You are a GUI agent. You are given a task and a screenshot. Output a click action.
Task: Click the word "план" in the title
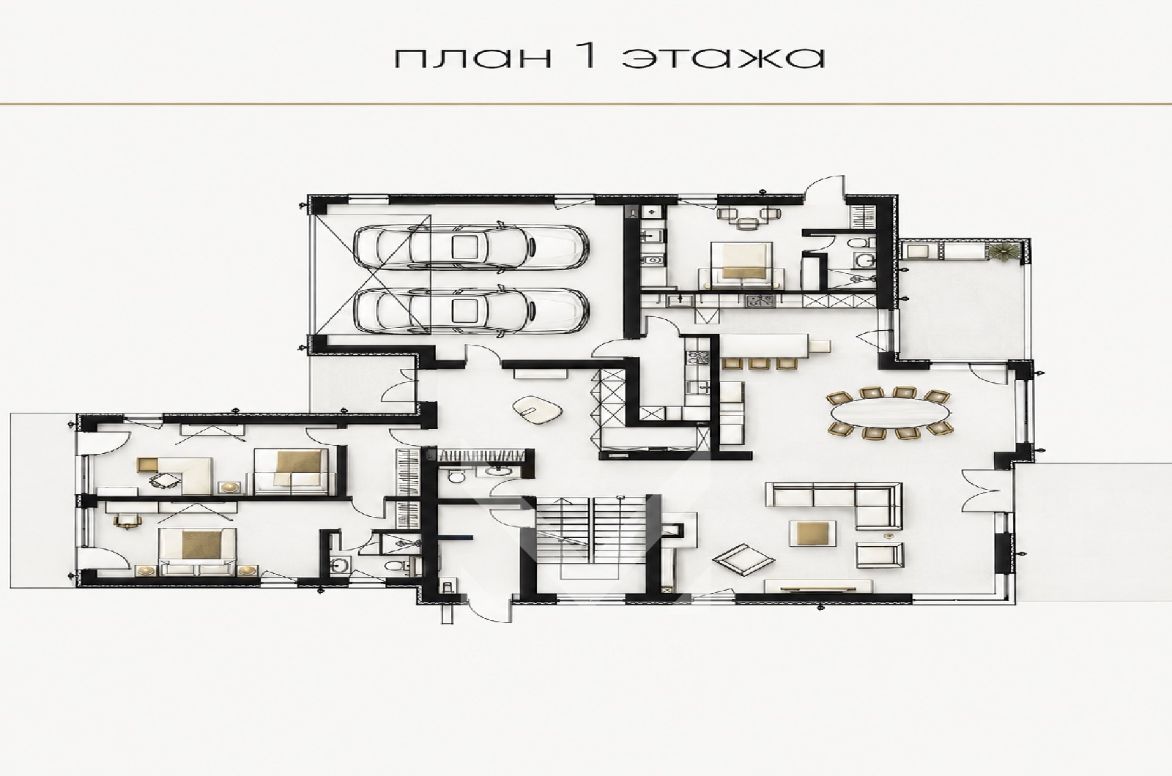pyautogui.click(x=472, y=59)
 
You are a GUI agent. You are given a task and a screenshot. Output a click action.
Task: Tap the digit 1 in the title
pyautogui.click(x=589, y=56)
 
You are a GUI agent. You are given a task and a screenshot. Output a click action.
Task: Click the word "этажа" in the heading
pyautogui.click(x=724, y=59)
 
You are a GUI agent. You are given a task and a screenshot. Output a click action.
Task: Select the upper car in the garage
pyautogui.click(x=471, y=247)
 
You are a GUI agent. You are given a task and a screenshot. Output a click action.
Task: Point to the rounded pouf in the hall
pyautogui.click(x=538, y=409)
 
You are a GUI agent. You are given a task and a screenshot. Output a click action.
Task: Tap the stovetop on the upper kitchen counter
pyautogui.click(x=759, y=301)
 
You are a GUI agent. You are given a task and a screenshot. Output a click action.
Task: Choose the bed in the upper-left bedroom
pyautogui.click(x=292, y=471)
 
